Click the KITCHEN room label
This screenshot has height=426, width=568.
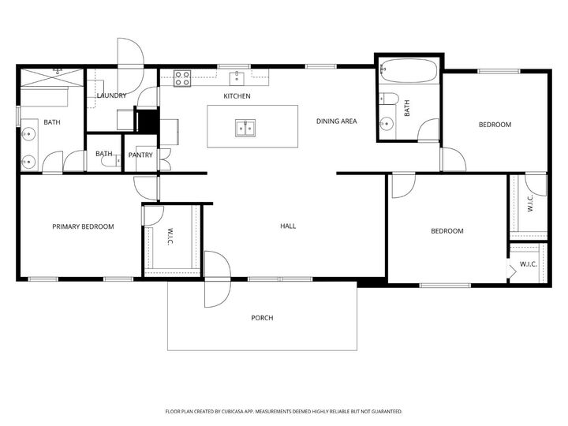pos(237,96)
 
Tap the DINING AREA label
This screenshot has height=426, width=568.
pos(337,121)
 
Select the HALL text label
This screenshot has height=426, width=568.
pos(288,226)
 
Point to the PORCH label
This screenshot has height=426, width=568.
pos(262,318)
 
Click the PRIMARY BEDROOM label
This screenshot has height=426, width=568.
pos(83,226)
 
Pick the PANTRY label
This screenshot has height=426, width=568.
pos(142,155)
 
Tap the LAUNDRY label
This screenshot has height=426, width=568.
pos(111,96)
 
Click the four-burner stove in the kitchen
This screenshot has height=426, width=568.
pos(182,77)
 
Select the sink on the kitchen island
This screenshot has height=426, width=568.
pos(245,128)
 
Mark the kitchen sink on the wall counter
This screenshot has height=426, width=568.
pos(236,77)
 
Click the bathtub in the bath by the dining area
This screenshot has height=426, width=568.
pos(409,73)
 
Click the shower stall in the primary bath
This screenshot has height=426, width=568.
pos(52,77)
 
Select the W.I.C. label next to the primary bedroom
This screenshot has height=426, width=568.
pos(170,237)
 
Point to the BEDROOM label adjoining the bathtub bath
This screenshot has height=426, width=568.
pos(495,125)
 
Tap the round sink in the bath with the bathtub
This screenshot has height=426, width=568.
pos(387,123)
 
